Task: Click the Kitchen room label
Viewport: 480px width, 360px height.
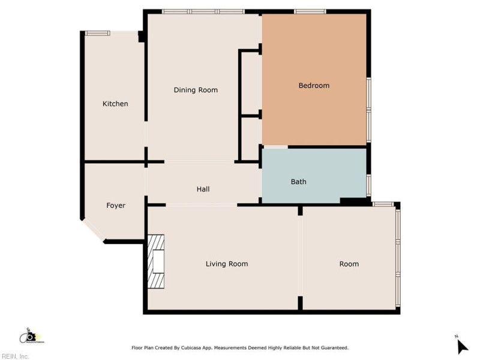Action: [115, 104]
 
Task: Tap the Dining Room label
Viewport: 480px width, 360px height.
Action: [196, 90]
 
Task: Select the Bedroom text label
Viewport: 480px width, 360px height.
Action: [314, 85]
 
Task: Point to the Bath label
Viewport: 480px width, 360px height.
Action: [299, 181]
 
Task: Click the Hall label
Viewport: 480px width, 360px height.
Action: [203, 189]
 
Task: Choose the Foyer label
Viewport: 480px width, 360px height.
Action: [116, 205]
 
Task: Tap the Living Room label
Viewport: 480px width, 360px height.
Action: [227, 264]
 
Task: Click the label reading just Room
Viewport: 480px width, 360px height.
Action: [349, 264]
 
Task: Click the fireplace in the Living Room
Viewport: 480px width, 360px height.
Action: [157, 262]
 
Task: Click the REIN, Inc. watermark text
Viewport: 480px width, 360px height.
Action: [15, 356]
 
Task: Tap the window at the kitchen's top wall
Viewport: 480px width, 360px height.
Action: [97, 33]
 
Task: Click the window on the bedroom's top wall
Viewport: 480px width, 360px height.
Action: [310, 11]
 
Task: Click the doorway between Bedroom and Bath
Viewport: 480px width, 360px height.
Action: [275, 146]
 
